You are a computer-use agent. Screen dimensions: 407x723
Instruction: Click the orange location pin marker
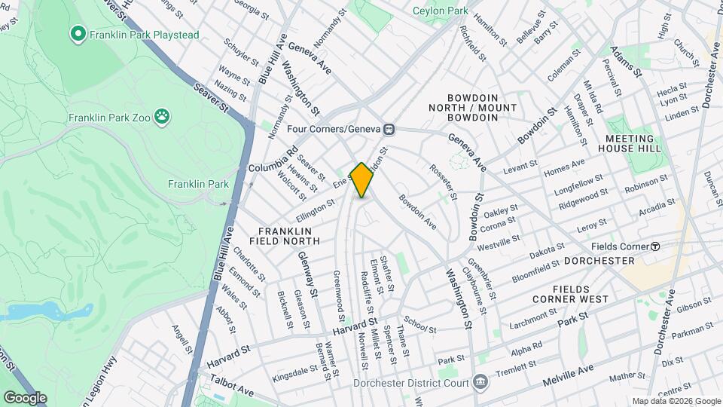click(362, 179)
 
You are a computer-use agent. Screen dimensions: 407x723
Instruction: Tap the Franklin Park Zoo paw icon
click(162, 116)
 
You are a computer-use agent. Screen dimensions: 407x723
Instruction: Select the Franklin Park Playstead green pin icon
click(77, 33)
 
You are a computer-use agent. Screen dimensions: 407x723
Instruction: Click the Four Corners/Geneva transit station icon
click(389, 129)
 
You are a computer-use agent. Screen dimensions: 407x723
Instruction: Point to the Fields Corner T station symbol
click(655, 246)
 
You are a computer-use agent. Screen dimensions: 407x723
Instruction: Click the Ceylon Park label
click(441, 11)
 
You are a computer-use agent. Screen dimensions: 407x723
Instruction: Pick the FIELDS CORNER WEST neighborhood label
click(590, 294)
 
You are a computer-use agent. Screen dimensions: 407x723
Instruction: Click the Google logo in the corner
click(25, 398)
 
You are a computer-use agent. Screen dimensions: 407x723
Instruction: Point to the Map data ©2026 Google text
click(676, 401)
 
